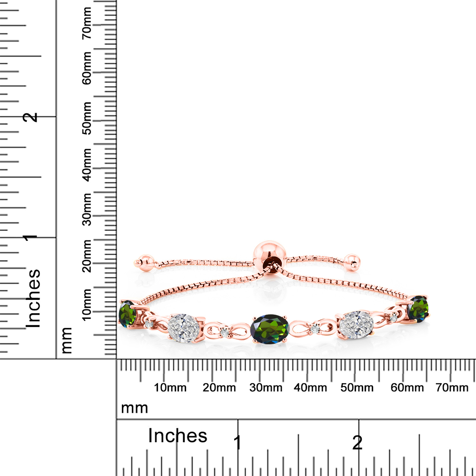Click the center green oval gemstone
(x=270, y=329)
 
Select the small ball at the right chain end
(x=352, y=262)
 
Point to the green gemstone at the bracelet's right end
(x=418, y=308)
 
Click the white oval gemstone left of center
(x=184, y=328)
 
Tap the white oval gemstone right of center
(x=356, y=325)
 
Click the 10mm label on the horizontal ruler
(x=170, y=387)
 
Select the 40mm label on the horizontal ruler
(x=310, y=387)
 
